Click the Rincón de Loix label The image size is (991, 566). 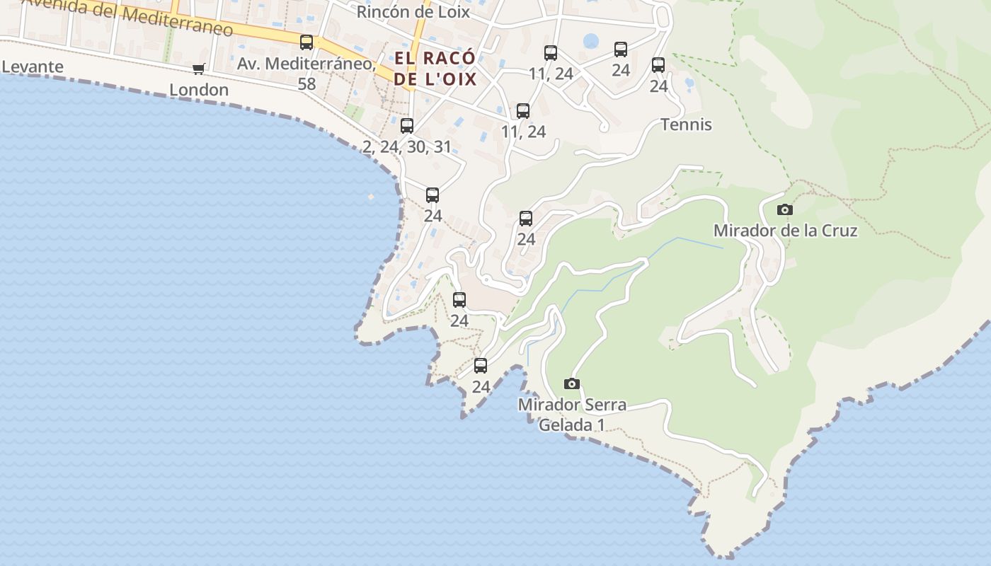(x=413, y=11)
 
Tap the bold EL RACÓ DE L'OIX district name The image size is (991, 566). (x=435, y=68)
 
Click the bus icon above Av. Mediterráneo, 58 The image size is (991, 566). (x=307, y=42)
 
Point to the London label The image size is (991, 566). (x=199, y=90)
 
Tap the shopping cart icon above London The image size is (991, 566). (x=199, y=69)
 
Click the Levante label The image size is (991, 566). (x=33, y=67)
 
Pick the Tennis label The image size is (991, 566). (x=686, y=125)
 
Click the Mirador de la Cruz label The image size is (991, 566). (x=785, y=231)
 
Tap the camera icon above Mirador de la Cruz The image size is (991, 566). (x=784, y=209)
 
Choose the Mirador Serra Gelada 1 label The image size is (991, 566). (x=572, y=415)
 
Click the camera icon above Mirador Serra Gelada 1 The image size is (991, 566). (x=572, y=383)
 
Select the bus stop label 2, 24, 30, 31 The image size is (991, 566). (x=406, y=146)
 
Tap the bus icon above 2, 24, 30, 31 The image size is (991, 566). (x=407, y=126)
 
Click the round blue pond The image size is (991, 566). (x=590, y=41)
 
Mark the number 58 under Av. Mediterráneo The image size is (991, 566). (x=307, y=83)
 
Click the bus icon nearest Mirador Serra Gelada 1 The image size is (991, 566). (x=481, y=366)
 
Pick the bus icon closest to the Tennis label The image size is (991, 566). (x=658, y=65)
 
